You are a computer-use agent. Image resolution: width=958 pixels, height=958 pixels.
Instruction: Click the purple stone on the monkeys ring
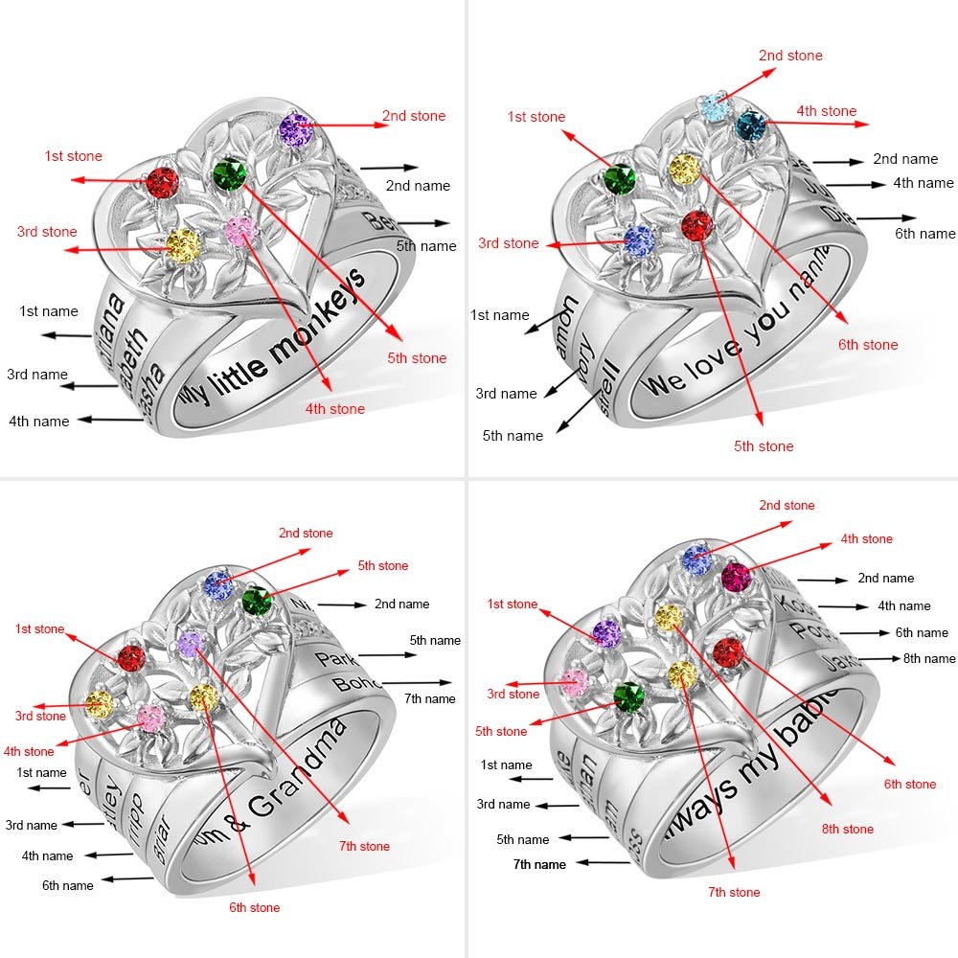[296, 126]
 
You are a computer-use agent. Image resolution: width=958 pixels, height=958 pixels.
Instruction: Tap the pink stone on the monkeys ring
[239, 229]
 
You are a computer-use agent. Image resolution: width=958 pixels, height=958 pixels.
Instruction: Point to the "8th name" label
[928, 658]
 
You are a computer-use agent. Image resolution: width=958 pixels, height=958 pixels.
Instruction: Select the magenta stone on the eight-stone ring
[735, 577]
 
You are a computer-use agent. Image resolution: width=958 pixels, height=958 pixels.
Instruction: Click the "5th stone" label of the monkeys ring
[416, 358]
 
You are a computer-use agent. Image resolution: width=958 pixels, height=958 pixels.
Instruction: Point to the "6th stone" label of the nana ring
[868, 345]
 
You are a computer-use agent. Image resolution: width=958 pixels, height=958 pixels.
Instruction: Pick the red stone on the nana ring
[697, 227]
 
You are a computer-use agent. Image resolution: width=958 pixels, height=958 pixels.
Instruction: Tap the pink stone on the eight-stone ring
[573, 682]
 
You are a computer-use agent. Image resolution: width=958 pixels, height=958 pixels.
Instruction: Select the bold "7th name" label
[539, 864]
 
